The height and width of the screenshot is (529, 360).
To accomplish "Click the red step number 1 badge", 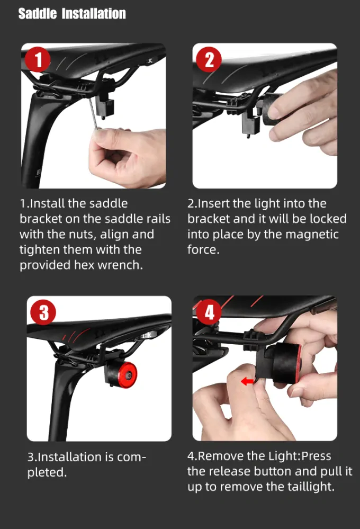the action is pyautogui.click(x=38, y=59).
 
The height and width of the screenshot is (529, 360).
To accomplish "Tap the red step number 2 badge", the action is pyautogui.click(x=209, y=59).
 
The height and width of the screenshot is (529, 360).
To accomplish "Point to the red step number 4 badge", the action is pyautogui.click(x=209, y=312).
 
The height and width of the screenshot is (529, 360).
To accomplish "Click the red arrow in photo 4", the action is pyautogui.click(x=247, y=382).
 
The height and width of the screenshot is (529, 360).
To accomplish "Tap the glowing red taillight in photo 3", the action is pyautogui.click(x=128, y=375).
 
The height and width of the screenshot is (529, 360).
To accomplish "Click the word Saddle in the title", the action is pyautogui.click(x=38, y=14).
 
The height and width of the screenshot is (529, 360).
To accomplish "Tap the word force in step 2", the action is pyautogui.click(x=203, y=249).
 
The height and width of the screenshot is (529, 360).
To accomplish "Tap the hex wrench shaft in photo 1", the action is pyautogui.click(x=92, y=111).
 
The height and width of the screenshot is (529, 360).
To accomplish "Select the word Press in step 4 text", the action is pyautogui.click(x=316, y=456).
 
